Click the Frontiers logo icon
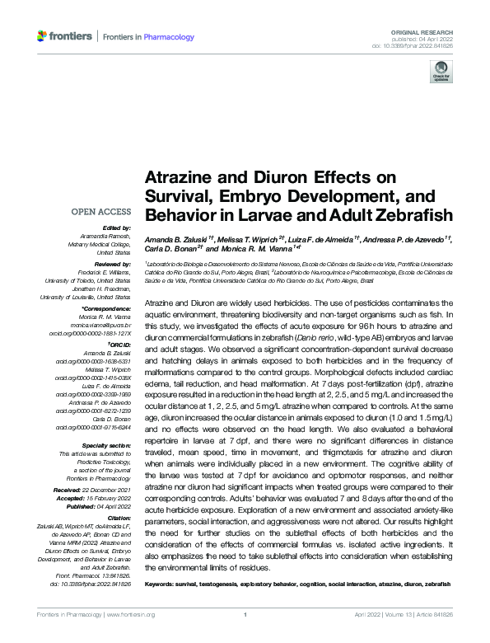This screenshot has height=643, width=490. click(42, 36)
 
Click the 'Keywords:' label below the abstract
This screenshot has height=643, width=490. click(163, 584)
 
